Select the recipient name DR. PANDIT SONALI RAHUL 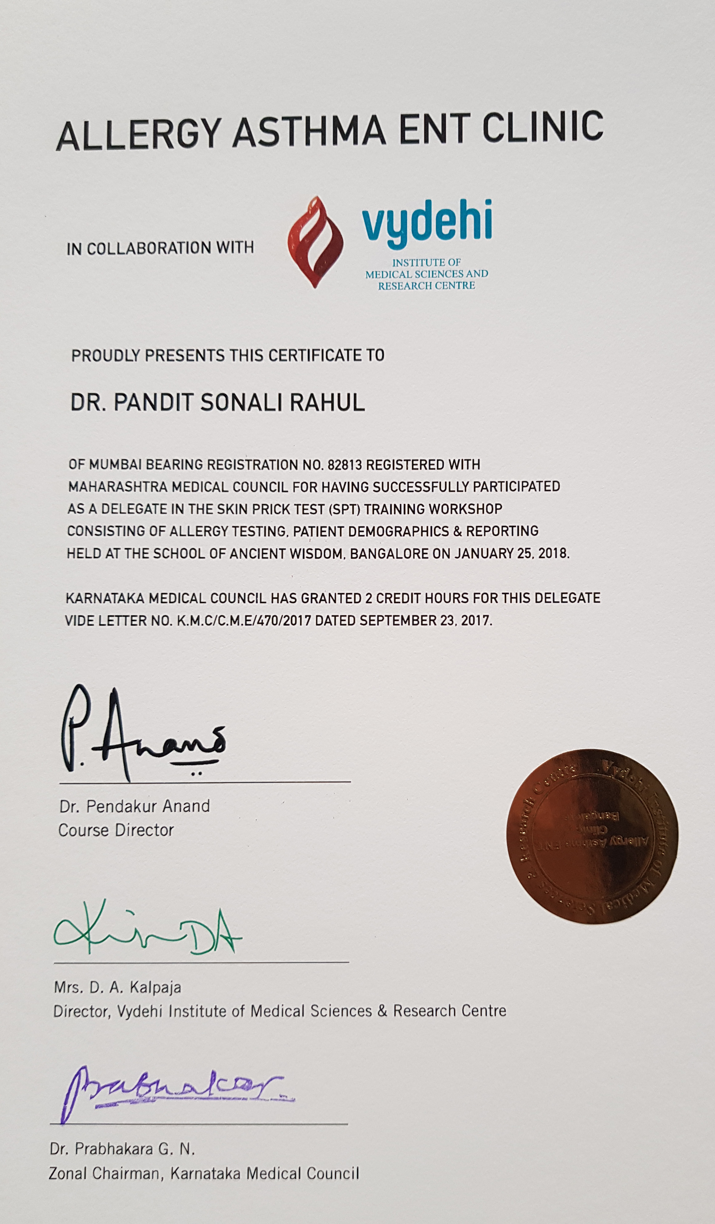217,403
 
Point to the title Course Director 116,830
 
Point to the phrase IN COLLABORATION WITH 161,248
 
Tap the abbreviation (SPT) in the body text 346,509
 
